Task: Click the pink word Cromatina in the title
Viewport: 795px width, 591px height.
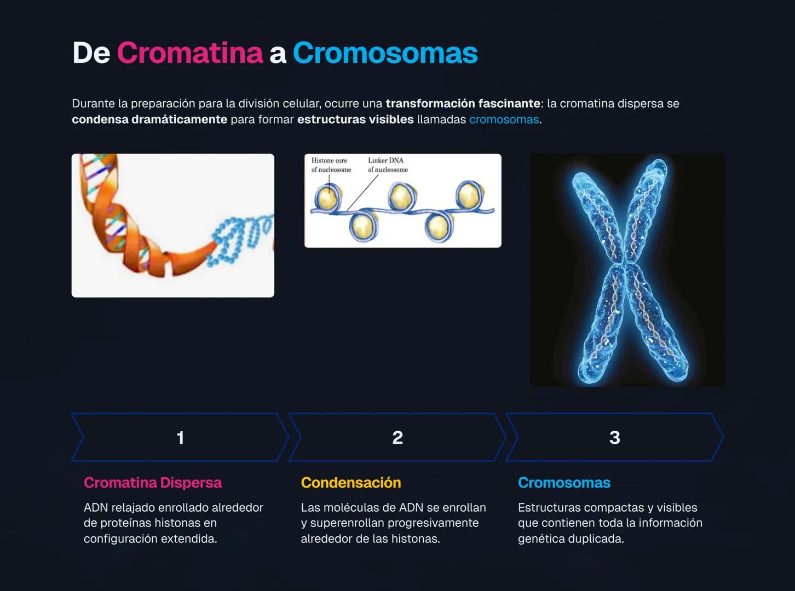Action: tap(189, 53)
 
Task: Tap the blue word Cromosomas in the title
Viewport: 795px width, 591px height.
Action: tap(385, 53)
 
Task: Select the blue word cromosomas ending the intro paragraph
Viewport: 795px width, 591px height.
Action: tap(504, 119)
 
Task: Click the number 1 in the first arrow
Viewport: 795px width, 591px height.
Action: tap(180, 437)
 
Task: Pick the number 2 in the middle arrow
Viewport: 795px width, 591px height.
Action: tap(397, 437)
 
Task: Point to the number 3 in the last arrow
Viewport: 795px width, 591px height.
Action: tap(614, 437)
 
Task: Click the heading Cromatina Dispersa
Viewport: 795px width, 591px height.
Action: tap(152, 483)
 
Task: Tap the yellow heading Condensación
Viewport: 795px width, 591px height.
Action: tap(350, 483)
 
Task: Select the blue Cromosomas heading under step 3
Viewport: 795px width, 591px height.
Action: tap(564, 483)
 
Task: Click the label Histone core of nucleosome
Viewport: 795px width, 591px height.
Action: tap(331, 165)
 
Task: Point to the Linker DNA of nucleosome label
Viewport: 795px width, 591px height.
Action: tap(388, 165)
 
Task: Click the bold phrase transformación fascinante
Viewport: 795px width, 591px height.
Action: tap(463, 103)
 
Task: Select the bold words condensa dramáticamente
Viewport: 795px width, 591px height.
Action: tap(149, 119)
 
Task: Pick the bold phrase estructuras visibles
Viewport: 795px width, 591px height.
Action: tap(355, 119)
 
